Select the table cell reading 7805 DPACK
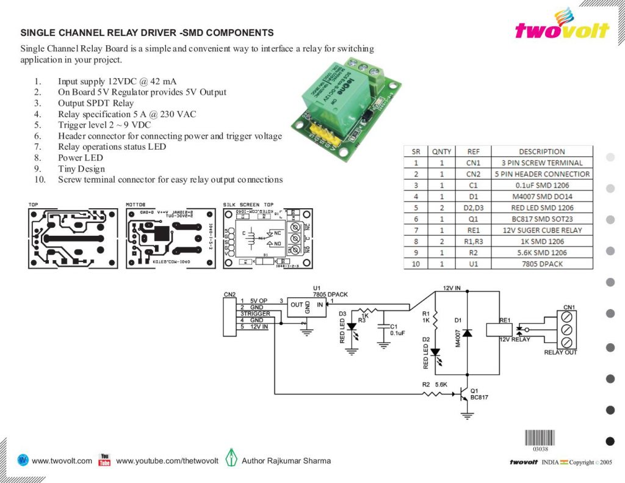tap(541, 263)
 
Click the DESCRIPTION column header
tap(541, 151)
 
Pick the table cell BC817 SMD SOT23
tap(541, 219)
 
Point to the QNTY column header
tap(442, 151)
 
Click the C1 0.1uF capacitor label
tap(397, 330)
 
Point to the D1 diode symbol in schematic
tap(468, 333)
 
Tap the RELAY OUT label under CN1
tap(561, 352)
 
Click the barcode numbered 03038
tap(540, 438)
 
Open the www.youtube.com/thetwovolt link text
tap(167, 460)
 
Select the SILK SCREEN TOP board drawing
tap(267, 238)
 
